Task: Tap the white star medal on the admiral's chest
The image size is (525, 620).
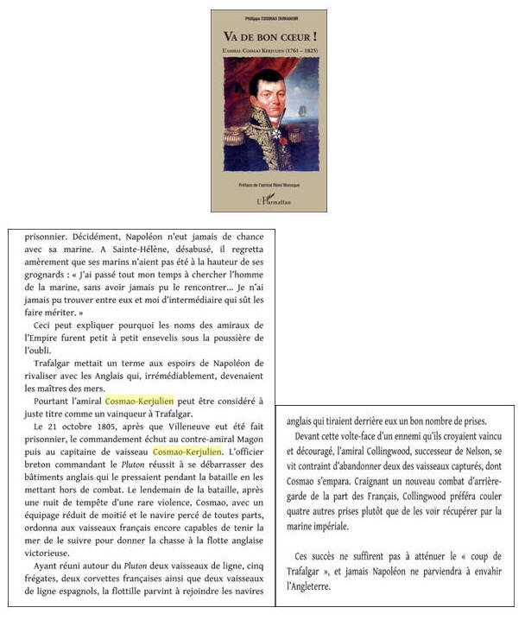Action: [273, 136]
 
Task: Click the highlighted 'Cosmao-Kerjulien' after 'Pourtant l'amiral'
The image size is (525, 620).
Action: [139, 402]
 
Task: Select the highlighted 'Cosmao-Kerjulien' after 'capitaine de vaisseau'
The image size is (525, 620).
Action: [187, 451]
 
